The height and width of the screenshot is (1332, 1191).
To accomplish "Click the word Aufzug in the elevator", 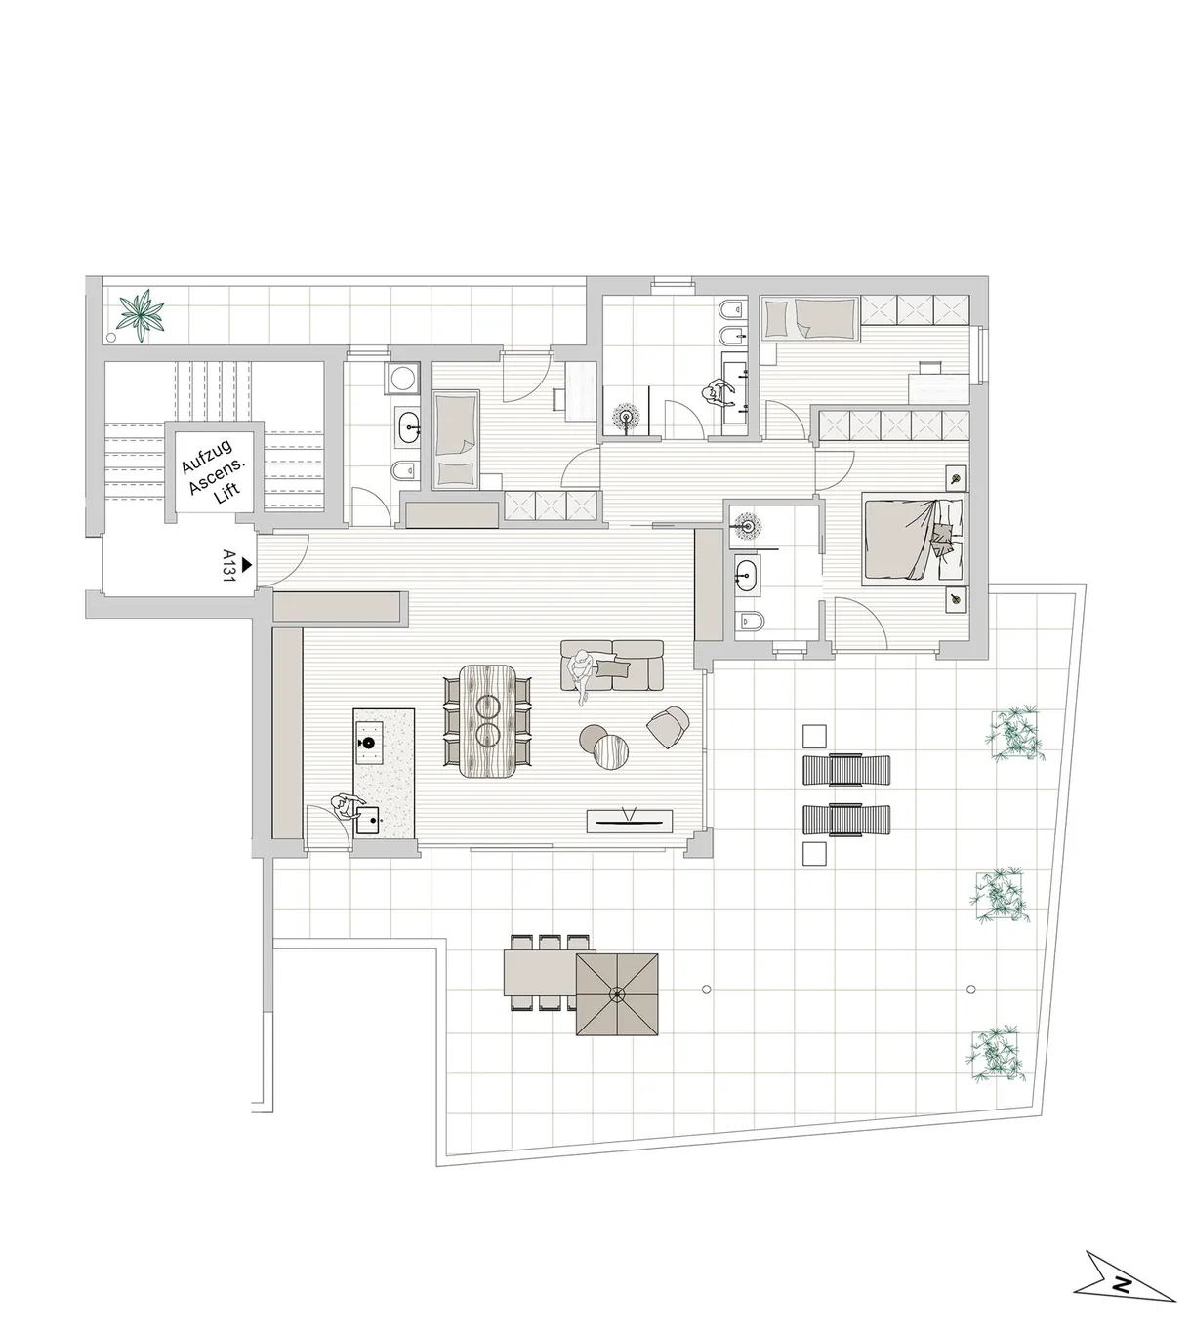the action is point(207,457).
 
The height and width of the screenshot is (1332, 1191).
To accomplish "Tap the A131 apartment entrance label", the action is point(228,565).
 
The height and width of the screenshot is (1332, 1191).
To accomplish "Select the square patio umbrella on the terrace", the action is point(617,994).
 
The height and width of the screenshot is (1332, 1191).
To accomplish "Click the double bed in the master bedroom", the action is point(914,541).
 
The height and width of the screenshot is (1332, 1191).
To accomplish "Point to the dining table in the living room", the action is point(487,721).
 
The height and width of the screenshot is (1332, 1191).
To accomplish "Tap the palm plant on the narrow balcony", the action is point(140,315).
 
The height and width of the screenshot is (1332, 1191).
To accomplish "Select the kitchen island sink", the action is point(368,819).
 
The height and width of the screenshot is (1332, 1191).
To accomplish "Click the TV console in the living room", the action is point(630,822).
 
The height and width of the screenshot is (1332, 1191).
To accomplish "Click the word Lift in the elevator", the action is point(227,491).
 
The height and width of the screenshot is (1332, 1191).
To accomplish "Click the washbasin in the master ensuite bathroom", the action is point(747,575).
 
